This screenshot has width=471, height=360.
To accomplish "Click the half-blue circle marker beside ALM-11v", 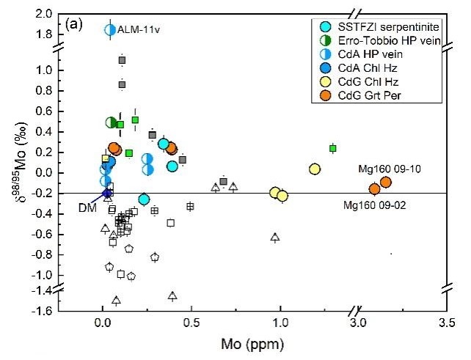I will (110, 30).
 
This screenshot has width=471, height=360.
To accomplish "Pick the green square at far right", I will (332, 148).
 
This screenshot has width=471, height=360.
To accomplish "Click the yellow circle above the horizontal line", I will (315, 169).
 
